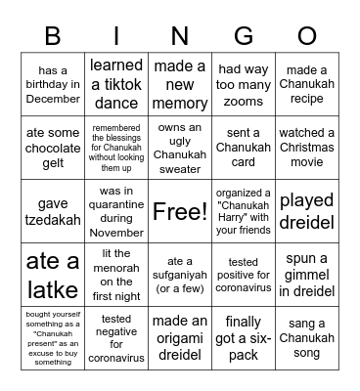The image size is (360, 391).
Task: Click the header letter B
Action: (x=52, y=36)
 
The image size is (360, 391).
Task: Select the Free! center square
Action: (x=180, y=211)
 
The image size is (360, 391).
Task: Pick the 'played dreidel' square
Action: (x=307, y=211)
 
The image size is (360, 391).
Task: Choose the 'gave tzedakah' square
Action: (x=52, y=211)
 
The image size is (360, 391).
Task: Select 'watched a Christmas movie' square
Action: (x=307, y=149)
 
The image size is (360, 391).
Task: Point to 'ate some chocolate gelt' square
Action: (x=52, y=149)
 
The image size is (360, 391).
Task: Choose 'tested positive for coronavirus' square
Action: (x=244, y=274)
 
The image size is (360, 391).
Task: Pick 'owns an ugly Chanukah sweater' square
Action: (x=180, y=149)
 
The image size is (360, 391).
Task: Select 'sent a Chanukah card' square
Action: (x=244, y=149)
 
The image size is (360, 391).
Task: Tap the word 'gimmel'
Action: (x=307, y=274)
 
